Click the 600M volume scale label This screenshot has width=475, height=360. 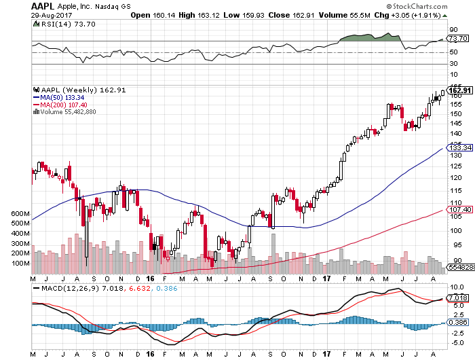pos(21,214)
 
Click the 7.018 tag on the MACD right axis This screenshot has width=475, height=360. pos(459,298)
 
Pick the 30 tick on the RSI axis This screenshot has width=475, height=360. pos(453,65)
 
